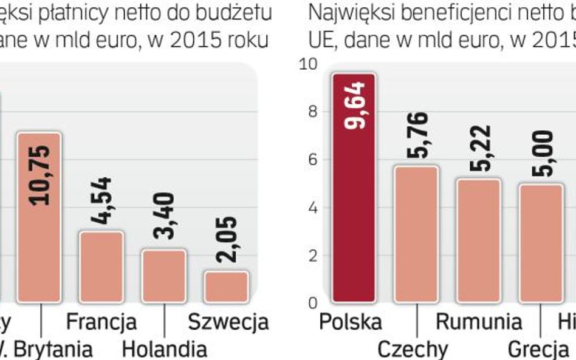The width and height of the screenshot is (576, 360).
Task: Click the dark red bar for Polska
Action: coord(354,188)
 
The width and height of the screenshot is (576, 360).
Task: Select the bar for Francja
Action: coord(101,267)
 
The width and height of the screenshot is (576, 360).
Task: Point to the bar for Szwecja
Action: coord(226,287)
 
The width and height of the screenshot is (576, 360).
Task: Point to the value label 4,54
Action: coord(102,201)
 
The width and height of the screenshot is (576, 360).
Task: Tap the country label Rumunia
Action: coord(479,322)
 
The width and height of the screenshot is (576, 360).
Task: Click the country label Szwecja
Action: coord(228,322)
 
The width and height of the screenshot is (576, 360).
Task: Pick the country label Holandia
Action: coord(164,349)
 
